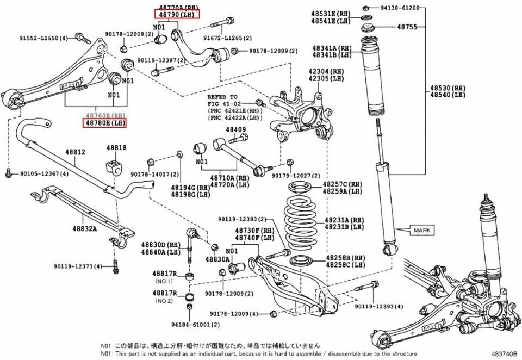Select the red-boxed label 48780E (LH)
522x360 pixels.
pyautogui.click(x=104, y=123)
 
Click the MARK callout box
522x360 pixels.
pyautogui.click(x=421, y=231)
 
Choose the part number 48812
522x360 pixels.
pyautogui.click(x=76, y=153)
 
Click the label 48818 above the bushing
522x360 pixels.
pyautogui.click(x=116, y=147)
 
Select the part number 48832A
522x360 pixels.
pyautogui.click(x=84, y=228)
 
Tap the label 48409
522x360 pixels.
pyautogui.click(x=236, y=129)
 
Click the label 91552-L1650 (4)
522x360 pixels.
pyautogui.click(x=43, y=38)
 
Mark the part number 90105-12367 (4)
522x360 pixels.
pyautogui.click(x=45, y=173)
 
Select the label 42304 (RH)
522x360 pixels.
pyautogui.click(x=319, y=71)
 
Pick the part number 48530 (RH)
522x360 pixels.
pyautogui.click(x=448, y=88)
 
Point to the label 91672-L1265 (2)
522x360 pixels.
pyautogui.click(x=228, y=38)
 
